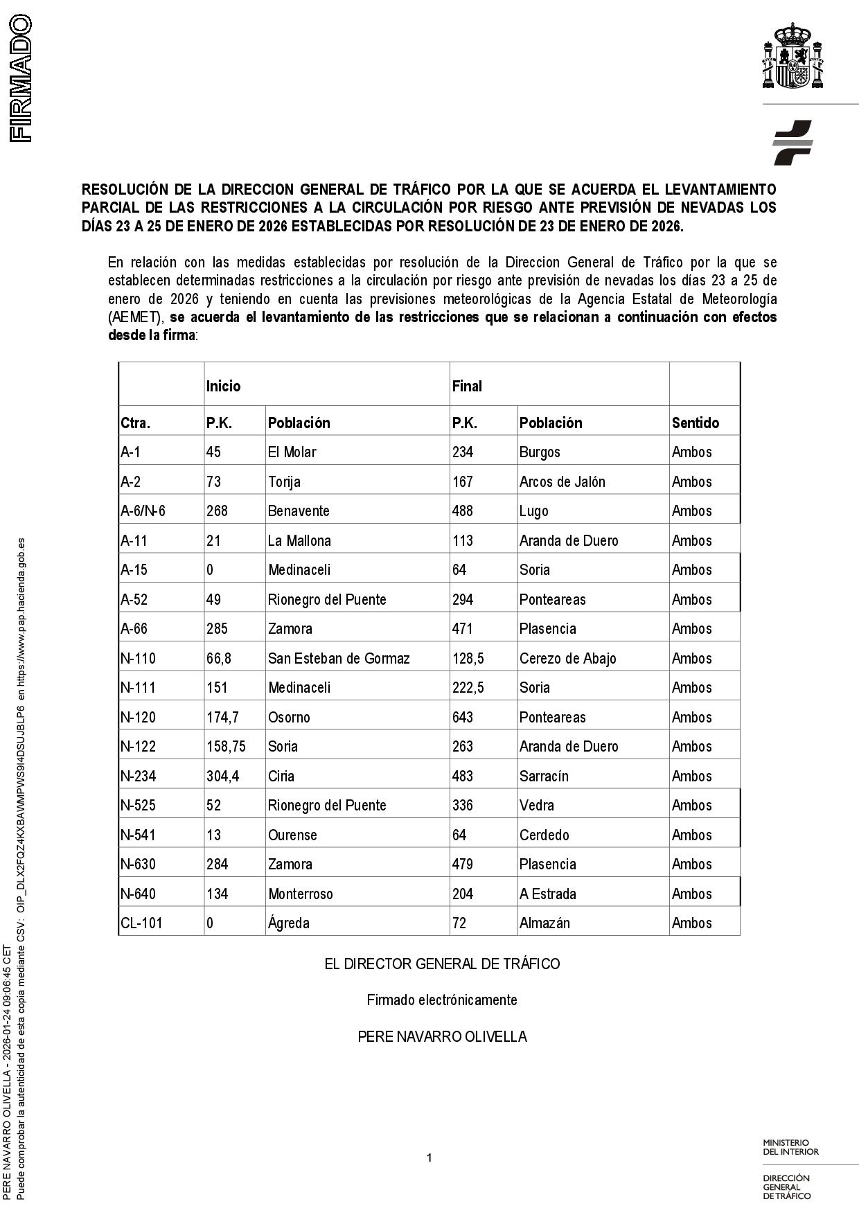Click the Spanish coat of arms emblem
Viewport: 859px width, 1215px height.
(x=793, y=57)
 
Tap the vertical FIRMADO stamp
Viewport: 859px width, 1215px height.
(x=21, y=78)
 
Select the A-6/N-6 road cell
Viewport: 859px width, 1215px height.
(x=143, y=511)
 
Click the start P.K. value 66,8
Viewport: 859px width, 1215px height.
(x=219, y=658)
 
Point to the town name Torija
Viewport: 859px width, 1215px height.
(x=284, y=481)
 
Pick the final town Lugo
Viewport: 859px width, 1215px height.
(x=533, y=511)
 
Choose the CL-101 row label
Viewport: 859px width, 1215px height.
(x=141, y=923)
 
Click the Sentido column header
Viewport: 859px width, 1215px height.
(x=696, y=423)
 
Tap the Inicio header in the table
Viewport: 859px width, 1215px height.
(x=223, y=386)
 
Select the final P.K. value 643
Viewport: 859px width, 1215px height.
(x=462, y=717)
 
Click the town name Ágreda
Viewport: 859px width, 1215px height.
(x=289, y=923)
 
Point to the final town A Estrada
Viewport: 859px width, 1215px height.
(x=547, y=894)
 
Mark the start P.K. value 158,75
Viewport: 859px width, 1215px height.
(x=226, y=746)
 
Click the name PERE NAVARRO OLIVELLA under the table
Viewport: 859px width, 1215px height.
(x=442, y=1036)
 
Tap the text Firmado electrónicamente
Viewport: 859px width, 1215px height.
(x=442, y=1000)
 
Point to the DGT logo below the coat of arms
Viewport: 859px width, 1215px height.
(x=792, y=142)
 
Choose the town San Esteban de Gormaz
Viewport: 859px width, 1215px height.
(x=339, y=658)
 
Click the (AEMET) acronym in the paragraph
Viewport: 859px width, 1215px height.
(x=135, y=317)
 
